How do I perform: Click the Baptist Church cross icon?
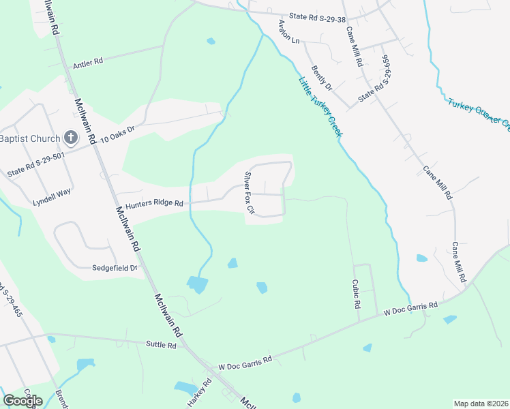pos(70,138)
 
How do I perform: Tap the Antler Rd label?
pos(87,62)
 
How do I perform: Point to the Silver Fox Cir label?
pos(248,192)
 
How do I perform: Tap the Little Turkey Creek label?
pos(319,108)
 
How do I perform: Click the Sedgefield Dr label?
pos(115,268)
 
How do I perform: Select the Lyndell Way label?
pos(52,193)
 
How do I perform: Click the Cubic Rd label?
pos(356,294)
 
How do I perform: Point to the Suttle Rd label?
pos(161,346)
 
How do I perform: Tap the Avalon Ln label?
pos(288,31)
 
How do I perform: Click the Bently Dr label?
pos(321,78)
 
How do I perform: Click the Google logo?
pos(22,400)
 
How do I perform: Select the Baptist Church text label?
pos(29,139)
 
